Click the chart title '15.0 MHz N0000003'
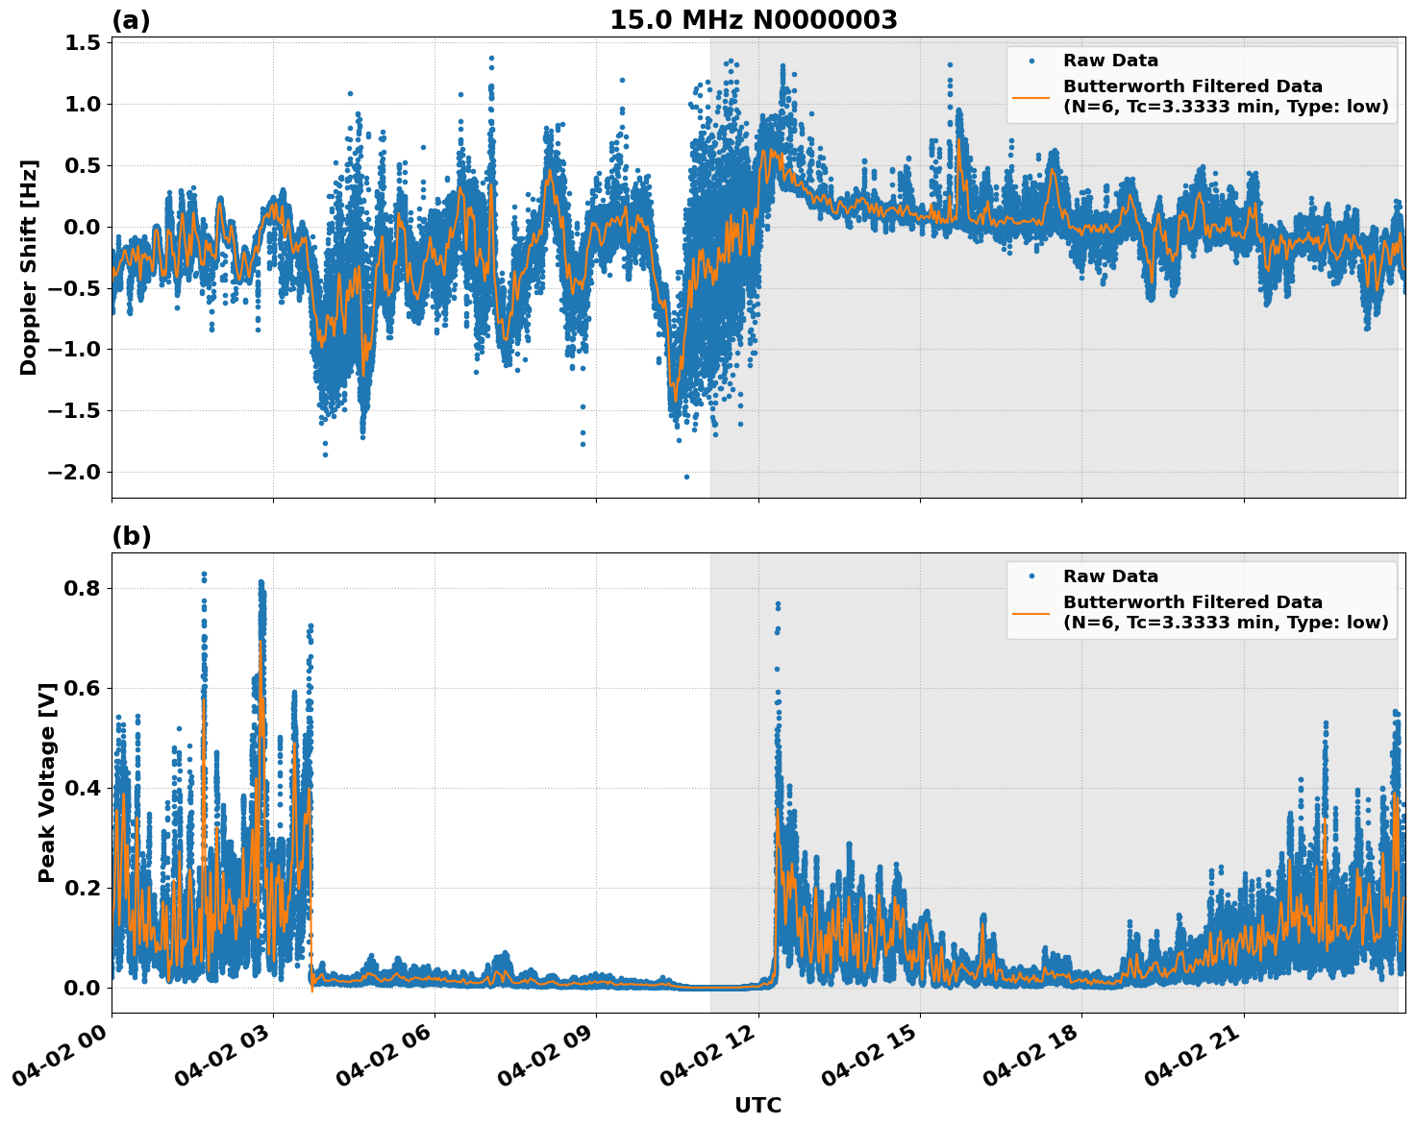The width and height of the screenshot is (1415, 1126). click(754, 20)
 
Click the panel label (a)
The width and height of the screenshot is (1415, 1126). click(131, 20)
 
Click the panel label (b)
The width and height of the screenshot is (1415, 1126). click(131, 536)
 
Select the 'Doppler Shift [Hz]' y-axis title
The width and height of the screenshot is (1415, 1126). click(29, 267)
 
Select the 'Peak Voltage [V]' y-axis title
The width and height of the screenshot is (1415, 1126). click(46, 782)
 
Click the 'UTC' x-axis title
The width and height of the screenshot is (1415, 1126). click(757, 1105)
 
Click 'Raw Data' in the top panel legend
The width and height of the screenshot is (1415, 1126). click(1110, 61)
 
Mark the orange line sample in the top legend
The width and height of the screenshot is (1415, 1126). click(1030, 97)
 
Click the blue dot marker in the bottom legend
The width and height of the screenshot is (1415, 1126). click(1030, 576)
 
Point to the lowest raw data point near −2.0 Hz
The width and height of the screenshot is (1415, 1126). click(686, 477)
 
